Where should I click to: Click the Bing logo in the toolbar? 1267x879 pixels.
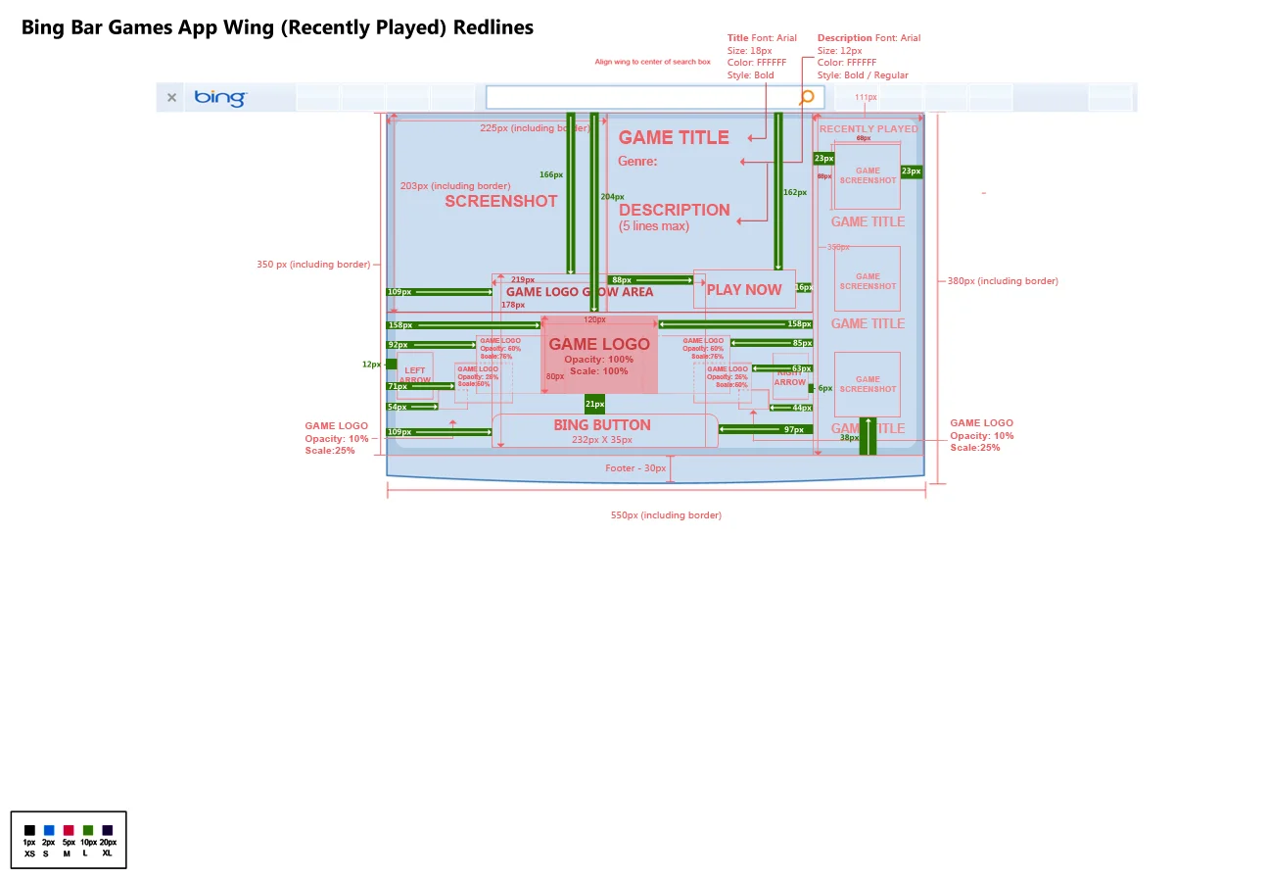point(220,98)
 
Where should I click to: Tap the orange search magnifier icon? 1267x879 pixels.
point(807,97)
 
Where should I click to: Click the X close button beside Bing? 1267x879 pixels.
point(171,98)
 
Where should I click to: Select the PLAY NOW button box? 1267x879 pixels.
point(744,289)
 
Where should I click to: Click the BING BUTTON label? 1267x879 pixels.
point(602,425)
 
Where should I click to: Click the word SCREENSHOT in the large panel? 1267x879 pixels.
point(501,201)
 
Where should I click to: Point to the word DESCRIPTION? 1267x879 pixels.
point(675,210)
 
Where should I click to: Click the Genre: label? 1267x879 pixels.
point(637,162)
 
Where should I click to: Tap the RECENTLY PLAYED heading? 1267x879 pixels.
point(868,128)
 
